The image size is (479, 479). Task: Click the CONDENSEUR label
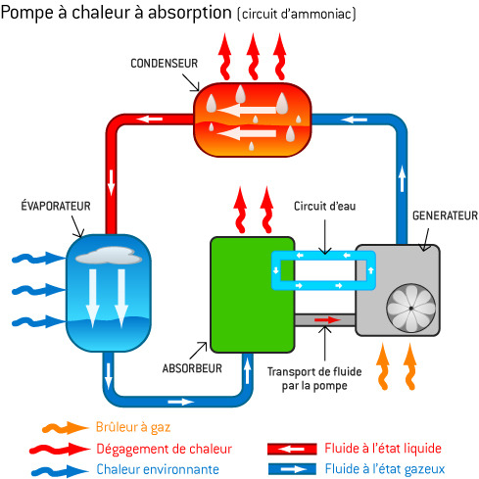pos(164,63)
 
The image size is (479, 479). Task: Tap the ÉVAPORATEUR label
pos(56,206)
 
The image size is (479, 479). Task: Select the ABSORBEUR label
pos(192,368)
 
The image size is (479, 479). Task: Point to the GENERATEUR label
pos(445,216)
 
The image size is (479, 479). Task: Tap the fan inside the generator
pos(410,308)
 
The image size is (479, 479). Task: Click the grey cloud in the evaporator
pos(109,256)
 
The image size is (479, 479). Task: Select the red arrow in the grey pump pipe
pos(327,319)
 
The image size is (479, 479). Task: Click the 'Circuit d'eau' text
pos(324,206)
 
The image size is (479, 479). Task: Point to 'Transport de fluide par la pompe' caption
pos(314,378)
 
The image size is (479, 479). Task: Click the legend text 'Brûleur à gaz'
pos(133,427)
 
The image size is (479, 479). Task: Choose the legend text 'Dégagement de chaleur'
pos(164,449)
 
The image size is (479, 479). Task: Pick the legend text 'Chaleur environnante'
pos(158,469)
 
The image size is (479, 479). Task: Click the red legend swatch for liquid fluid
pos(292,449)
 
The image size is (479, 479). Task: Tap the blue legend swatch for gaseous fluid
pos(292,469)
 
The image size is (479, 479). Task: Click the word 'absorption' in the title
pos(190,13)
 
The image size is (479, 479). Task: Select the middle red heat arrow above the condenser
pos(253,57)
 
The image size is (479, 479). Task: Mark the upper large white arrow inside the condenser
pos(247,111)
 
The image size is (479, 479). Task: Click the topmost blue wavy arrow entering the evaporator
pos(38,258)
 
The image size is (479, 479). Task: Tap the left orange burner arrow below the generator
pos(383,366)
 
